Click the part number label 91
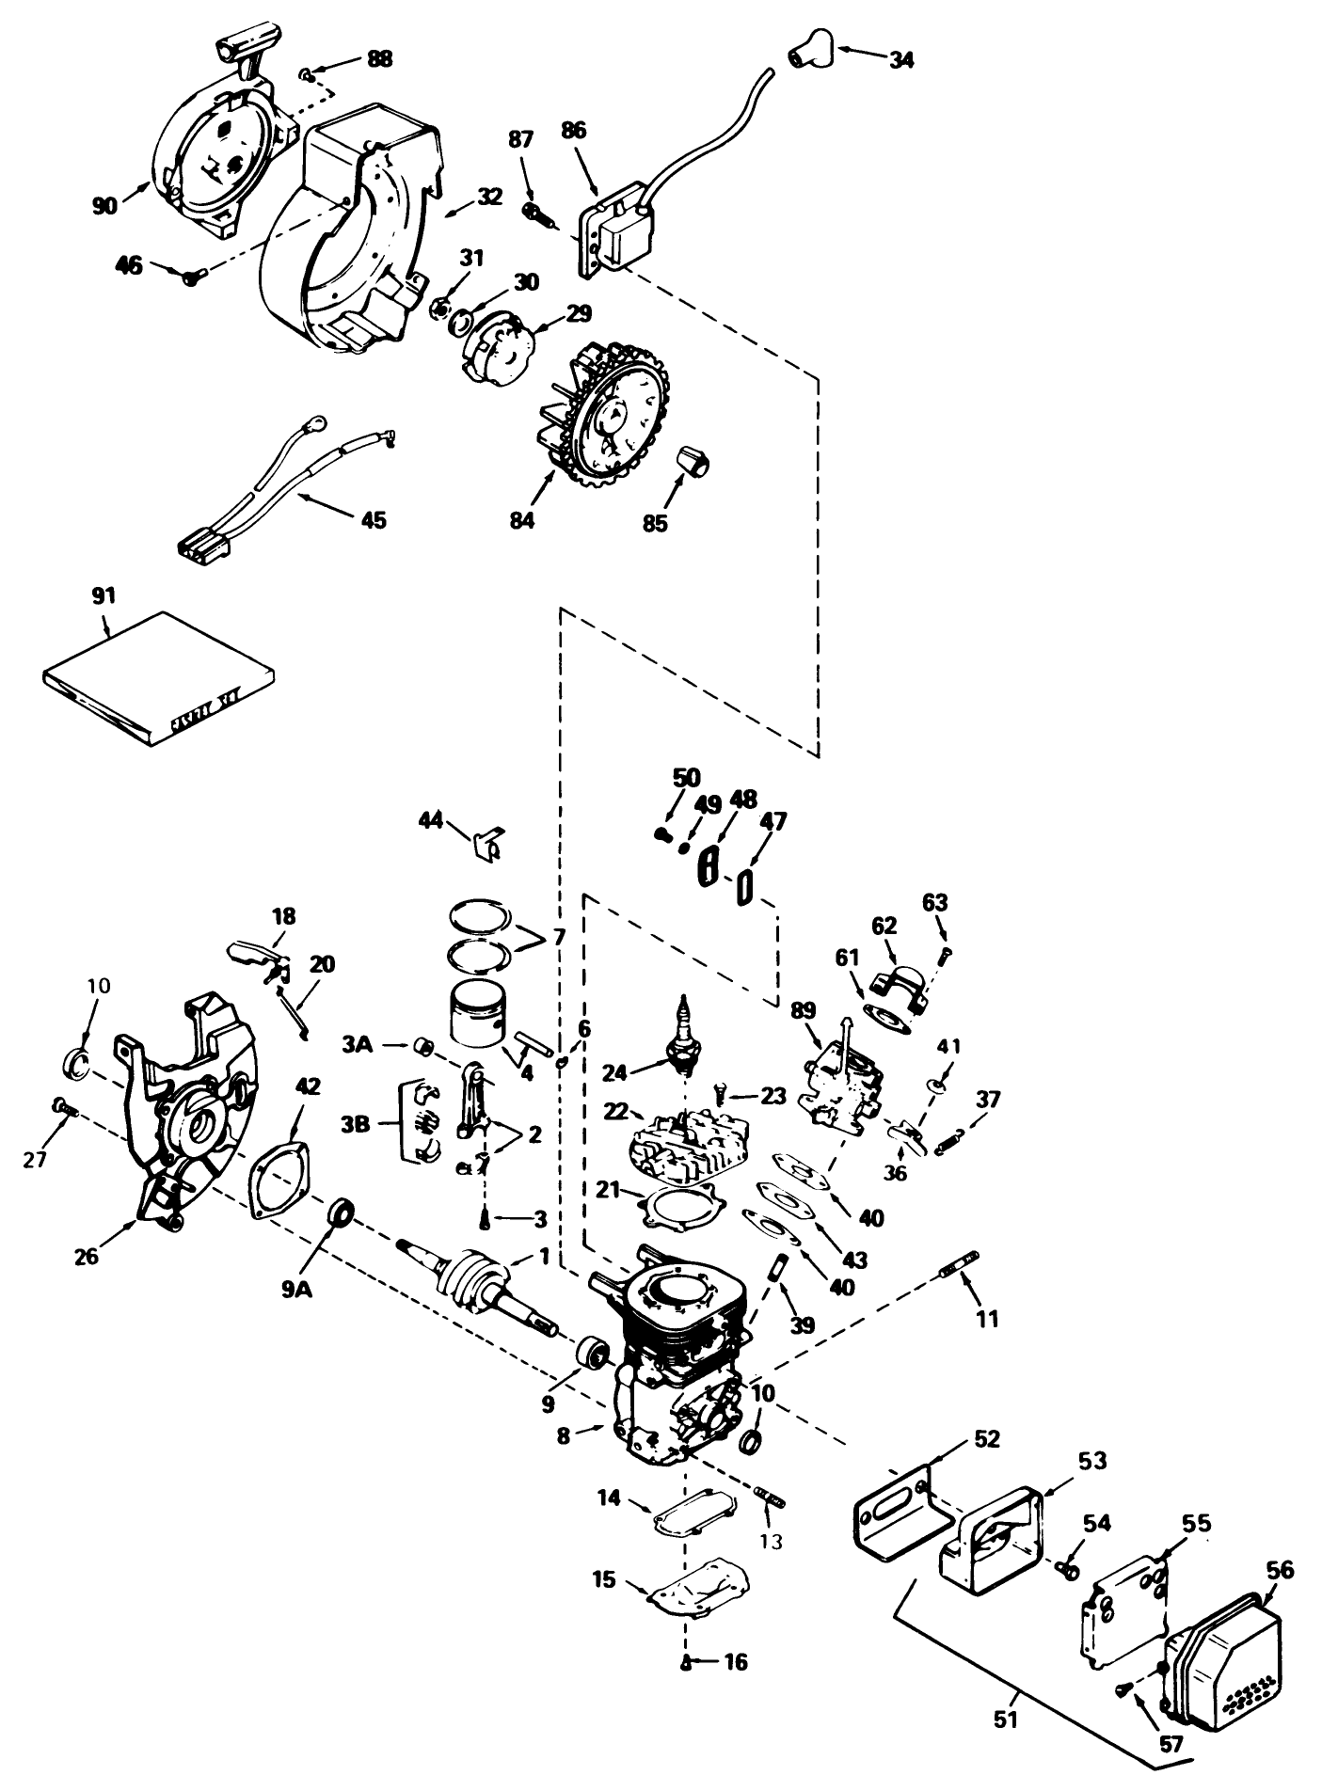(x=104, y=595)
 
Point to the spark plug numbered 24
(x=686, y=1042)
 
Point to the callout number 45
(x=374, y=519)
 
